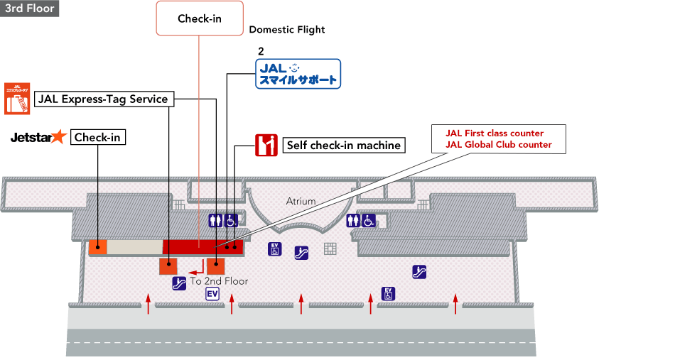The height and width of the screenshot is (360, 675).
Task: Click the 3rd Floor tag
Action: tap(29, 9)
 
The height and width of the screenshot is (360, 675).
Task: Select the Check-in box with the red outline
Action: tap(199, 19)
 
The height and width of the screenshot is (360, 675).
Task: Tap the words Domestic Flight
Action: tap(287, 30)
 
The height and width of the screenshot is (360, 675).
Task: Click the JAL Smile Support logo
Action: tap(298, 74)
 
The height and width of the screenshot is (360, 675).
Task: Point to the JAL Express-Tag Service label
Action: tap(103, 99)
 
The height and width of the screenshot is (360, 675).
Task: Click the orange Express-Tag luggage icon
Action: tap(17, 98)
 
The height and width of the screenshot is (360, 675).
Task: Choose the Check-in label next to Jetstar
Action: tap(98, 138)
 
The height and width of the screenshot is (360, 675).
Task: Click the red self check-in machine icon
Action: tap(266, 145)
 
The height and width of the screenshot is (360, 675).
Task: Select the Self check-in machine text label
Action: tap(343, 146)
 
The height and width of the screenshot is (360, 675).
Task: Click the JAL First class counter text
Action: tap(495, 133)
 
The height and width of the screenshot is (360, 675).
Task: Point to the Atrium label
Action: tap(301, 202)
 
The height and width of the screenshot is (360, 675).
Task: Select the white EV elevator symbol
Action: tap(212, 294)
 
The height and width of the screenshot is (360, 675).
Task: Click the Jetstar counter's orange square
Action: tap(97, 247)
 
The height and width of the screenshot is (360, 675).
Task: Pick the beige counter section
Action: tap(134, 247)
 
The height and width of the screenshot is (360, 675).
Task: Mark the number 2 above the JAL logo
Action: tap(261, 53)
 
